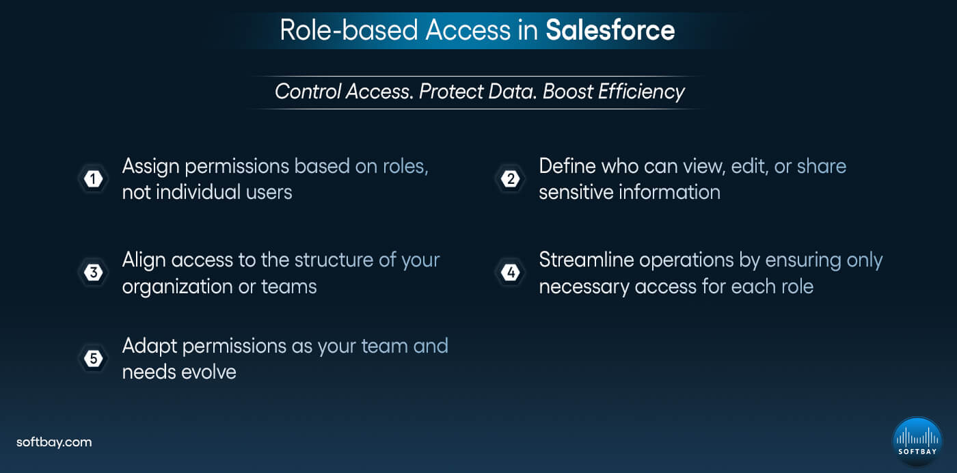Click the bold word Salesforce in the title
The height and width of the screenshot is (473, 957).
tap(610, 30)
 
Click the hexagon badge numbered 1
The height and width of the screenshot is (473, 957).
tap(94, 179)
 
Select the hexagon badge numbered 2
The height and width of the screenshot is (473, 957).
tap(510, 179)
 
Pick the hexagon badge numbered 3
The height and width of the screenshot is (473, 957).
tap(94, 273)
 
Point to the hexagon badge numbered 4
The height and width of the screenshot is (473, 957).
tap(510, 273)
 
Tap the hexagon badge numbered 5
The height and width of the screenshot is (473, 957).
tap(94, 359)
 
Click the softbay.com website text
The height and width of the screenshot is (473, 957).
tap(54, 442)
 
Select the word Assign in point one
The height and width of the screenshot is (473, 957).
tap(151, 167)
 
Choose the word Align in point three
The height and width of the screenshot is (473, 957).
tap(144, 260)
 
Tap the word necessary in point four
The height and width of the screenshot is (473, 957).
tap(584, 286)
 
